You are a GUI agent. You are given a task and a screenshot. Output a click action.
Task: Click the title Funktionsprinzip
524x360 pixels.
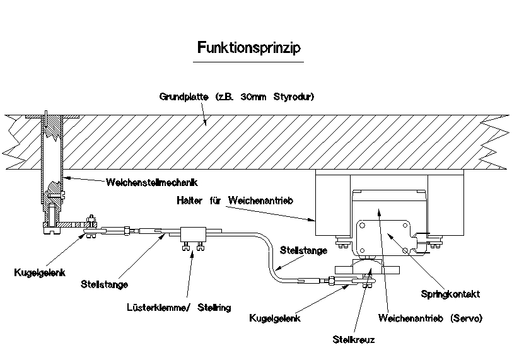[x=248, y=47]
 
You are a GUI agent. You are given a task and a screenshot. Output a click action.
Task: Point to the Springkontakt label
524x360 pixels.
[x=450, y=293]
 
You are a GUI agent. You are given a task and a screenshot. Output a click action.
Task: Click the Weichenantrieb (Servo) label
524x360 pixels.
[x=430, y=318]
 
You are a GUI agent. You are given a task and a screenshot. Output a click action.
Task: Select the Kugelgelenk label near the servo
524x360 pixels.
[x=274, y=318]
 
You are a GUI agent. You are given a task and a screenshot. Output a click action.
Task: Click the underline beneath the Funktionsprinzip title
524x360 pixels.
[x=248, y=62]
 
